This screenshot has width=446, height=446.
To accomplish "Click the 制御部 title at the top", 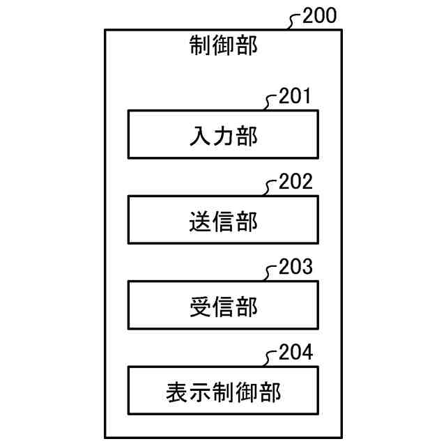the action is coord(223,46).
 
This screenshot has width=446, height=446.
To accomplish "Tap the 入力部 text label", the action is coord(223,135).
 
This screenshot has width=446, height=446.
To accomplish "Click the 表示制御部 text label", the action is coord(223,392).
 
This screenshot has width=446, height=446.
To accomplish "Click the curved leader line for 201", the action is coord(271,103).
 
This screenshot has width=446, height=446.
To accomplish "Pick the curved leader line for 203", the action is coord(271,274).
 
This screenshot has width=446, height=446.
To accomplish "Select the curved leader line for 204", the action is coord(271,359).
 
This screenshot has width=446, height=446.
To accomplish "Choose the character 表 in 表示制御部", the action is coord(177,392).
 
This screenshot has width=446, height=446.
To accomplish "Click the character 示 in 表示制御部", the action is coord(200,392).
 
